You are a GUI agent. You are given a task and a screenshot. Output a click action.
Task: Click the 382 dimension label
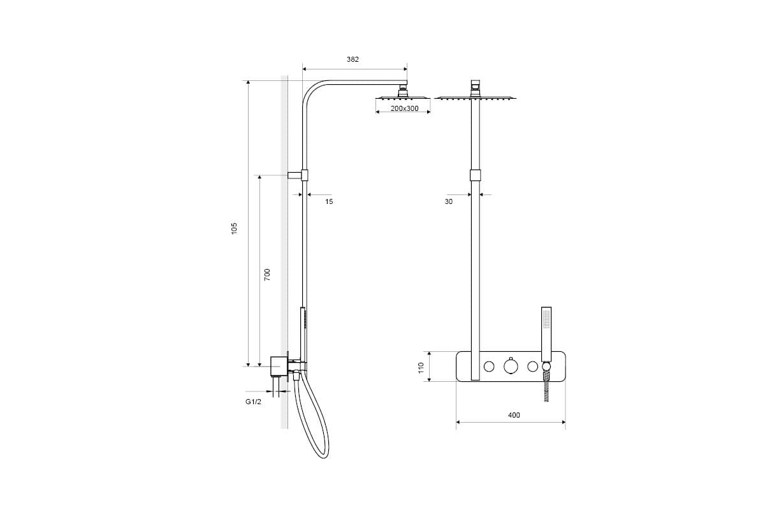coord(353,59)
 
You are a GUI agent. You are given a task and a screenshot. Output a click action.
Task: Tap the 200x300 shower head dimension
coord(404,108)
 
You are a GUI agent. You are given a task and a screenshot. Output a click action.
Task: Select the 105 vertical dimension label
coord(234,228)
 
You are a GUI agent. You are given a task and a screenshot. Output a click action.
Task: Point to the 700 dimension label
coord(267,275)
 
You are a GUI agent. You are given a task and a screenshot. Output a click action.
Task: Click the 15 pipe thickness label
coord(329,201)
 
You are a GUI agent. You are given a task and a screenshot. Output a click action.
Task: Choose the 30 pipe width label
coord(448,201)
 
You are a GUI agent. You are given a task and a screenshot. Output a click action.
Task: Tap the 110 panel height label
coord(421,368)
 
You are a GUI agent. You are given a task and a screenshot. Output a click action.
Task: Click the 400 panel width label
coord(514,415)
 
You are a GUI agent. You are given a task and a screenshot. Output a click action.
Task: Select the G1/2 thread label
coord(253,402)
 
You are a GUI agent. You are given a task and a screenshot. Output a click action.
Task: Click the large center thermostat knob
coord(511,366)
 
